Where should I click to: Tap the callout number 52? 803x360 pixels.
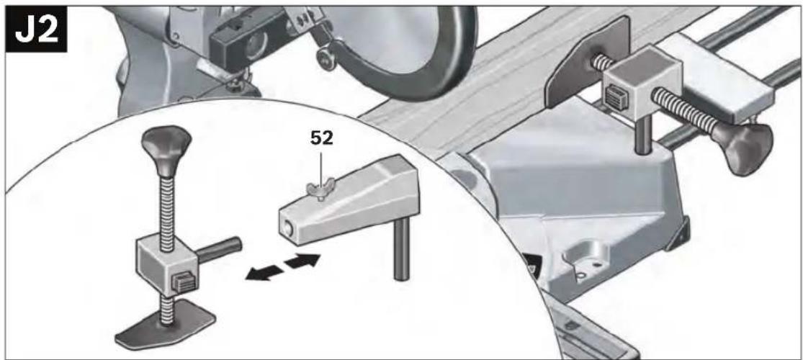(322, 139)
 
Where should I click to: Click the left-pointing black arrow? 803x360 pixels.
(264, 274)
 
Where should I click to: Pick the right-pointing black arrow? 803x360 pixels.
(302, 261)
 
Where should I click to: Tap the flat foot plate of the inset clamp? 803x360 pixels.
(165, 325)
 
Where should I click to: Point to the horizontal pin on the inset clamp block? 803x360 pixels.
(219, 248)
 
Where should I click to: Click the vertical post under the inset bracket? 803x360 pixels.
(402, 248)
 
